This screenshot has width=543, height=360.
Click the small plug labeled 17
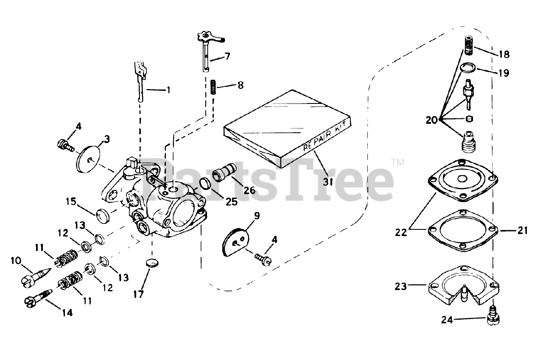click(x=151, y=263)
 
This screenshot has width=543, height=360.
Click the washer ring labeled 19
click(x=468, y=67)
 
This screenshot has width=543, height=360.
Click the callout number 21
click(x=522, y=230)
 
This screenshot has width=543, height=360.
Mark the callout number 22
click(x=401, y=232)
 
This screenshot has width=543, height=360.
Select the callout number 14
click(x=67, y=313)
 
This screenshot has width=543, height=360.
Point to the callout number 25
click(x=232, y=202)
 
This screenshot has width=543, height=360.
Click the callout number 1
click(x=168, y=89)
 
